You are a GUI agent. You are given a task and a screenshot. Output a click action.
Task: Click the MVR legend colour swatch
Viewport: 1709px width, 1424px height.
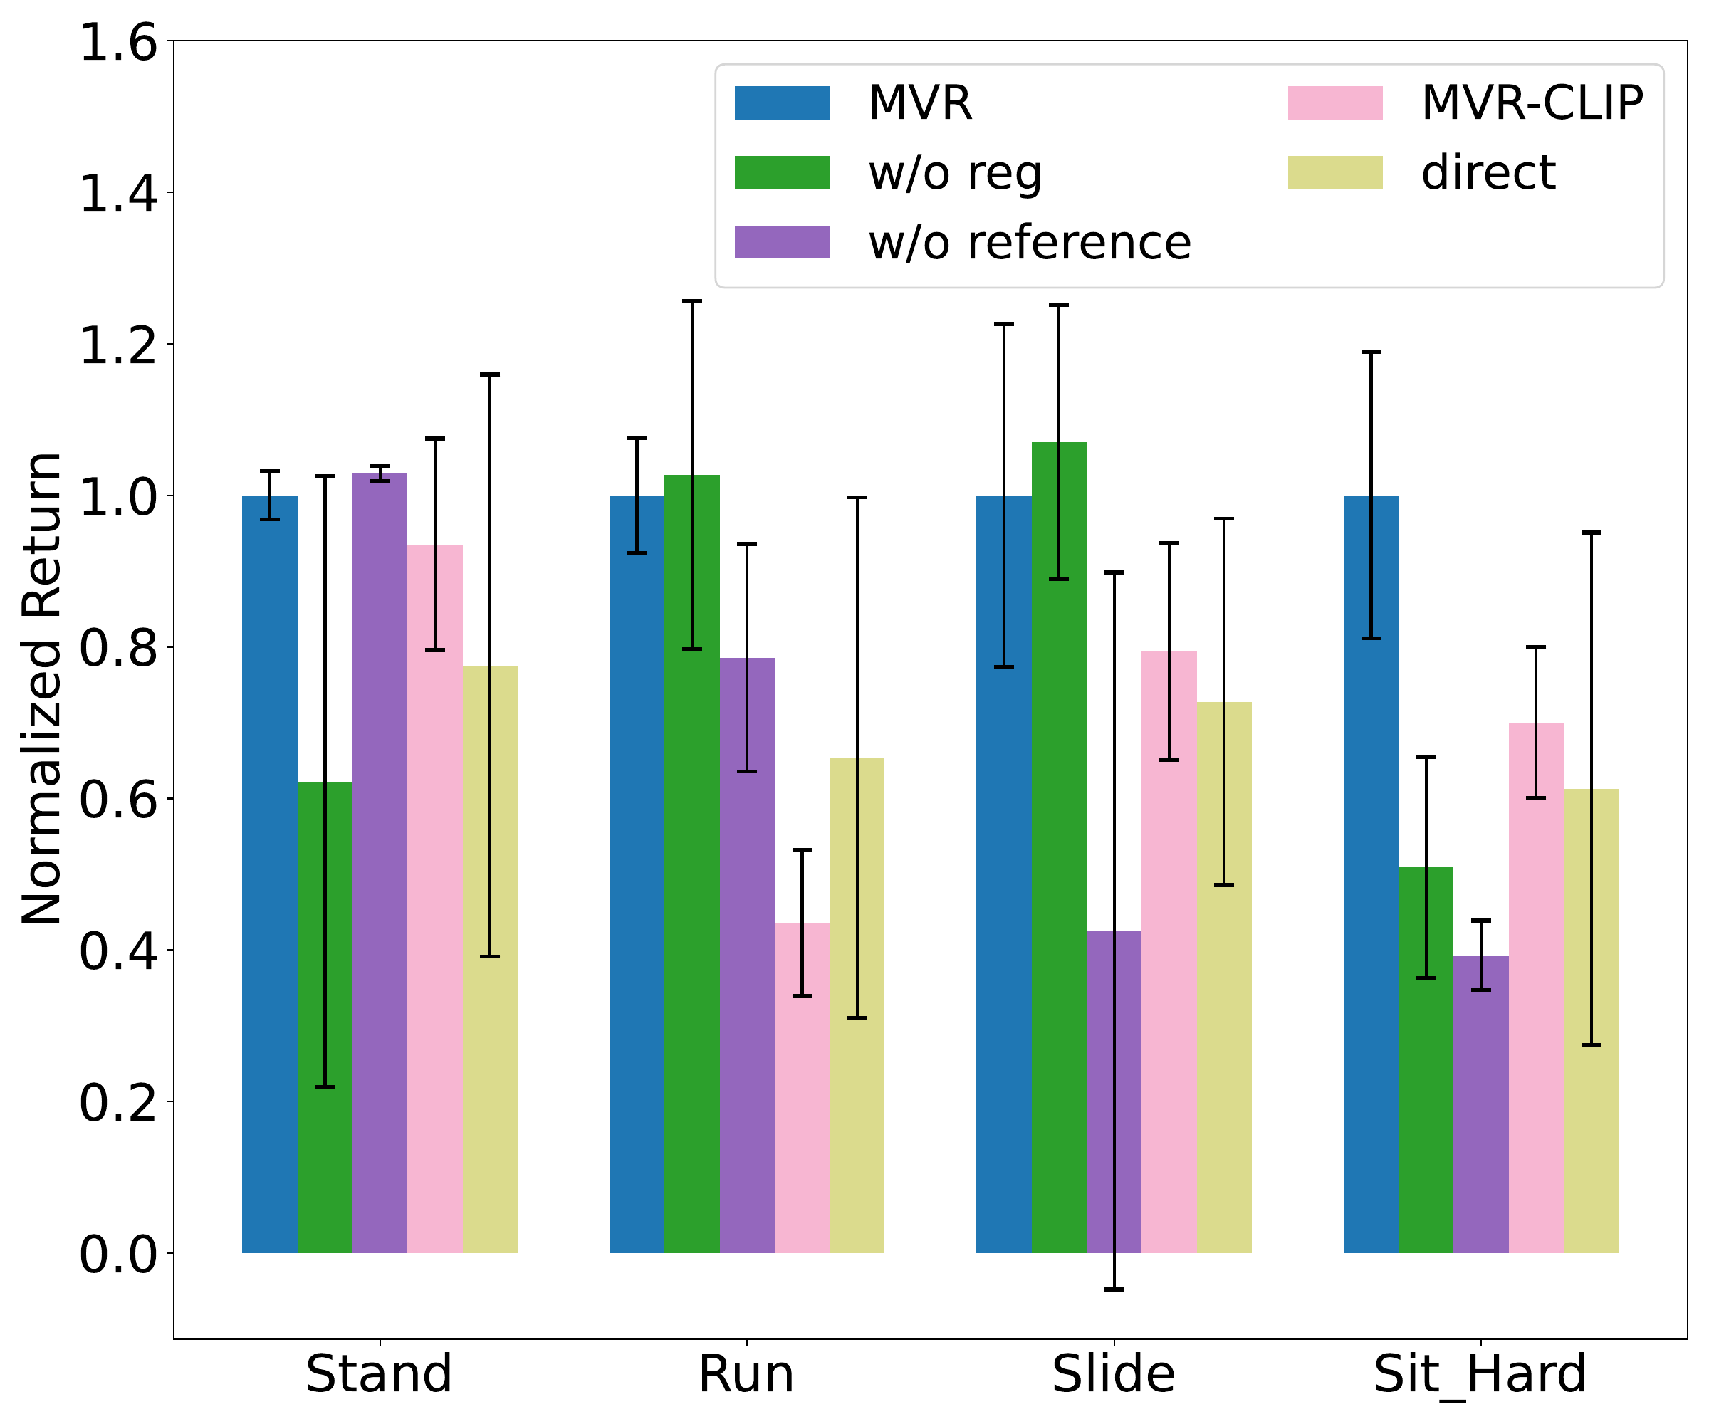(781, 103)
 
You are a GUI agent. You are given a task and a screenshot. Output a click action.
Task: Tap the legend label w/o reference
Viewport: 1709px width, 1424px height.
(1030, 243)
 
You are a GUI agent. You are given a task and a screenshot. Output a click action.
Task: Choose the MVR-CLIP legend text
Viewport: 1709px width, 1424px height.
(1532, 103)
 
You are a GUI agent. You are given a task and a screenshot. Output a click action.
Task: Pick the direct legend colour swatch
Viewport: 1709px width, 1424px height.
(1334, 172)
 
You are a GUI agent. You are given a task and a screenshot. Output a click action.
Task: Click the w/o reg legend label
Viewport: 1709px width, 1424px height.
(955, 172)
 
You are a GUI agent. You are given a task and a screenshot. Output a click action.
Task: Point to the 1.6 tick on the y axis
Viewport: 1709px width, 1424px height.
(119, 42)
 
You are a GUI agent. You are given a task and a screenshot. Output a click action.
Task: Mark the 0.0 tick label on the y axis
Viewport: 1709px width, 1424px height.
(119, 1254)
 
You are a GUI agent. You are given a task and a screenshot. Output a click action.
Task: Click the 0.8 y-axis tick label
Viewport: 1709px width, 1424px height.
(119, 649)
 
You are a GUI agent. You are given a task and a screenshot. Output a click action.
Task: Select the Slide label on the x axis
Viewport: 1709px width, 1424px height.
(1113, 1374)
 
